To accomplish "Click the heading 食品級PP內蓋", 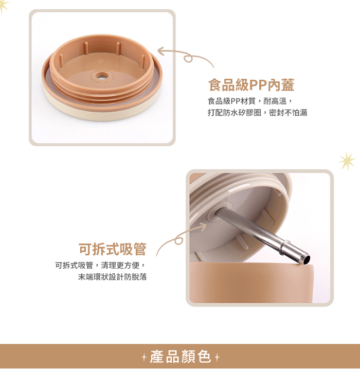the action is [251, 85].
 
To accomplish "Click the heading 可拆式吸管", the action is [113, 249].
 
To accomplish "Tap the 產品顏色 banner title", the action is [181, 357].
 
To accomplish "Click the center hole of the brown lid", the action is [100, 76].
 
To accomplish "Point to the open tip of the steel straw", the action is [306, 260].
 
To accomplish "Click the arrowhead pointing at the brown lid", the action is [161, 51].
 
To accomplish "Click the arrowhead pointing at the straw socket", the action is [203, 226].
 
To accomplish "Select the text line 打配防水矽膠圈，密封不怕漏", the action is [257, 113].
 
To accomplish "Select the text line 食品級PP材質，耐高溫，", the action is [250, 101].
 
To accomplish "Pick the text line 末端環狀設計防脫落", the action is [113, 277].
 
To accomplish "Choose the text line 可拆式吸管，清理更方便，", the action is [101, 266].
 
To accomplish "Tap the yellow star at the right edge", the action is [347, 161].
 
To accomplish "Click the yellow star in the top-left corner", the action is [4, 6].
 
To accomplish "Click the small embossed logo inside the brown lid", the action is [100, 61].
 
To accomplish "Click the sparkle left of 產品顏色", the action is [144, 357].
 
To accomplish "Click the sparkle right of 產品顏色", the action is [217, 357].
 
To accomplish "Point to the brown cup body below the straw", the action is [251, 283].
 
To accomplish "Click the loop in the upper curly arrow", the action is [188, 59].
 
